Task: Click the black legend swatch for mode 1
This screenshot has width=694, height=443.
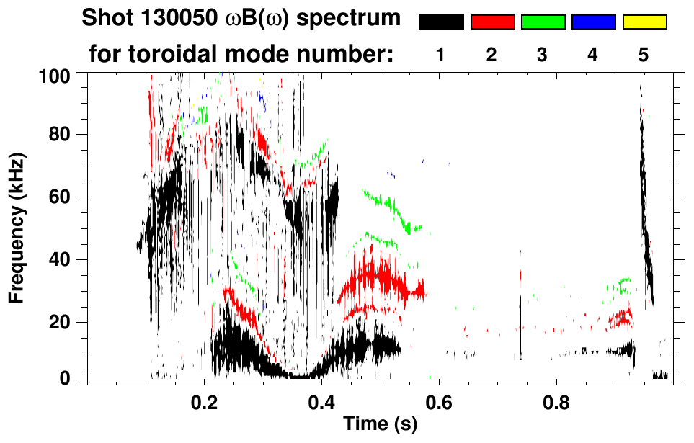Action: pos(441,22)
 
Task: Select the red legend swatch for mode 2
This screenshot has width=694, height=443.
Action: pos(492,22)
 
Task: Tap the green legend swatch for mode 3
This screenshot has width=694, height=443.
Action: pos(543,22)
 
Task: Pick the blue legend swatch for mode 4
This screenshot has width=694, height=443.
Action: pos(593,22)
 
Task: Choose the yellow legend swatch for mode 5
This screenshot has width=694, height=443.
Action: pos(644,22)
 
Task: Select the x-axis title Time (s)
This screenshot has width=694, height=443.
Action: pos(379,424)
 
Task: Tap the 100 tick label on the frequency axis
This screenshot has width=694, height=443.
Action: pos(53,75)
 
